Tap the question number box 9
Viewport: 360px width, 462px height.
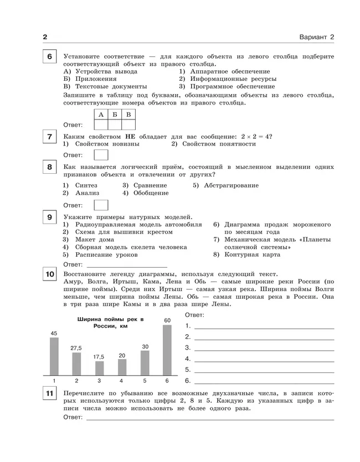pyautogui.click(x=50, y=217)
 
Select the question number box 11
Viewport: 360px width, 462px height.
pyautogui.click(x=50, y=393)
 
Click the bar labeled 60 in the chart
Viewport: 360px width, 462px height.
pyautogui.click(x=167, y=350)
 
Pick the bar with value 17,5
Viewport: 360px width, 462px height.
pyautogui.click(x=99, y=368)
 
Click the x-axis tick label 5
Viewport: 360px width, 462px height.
pyautogui.click(x=145, y=381)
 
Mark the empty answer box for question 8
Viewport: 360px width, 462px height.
pyautogui.click(x=101, y=205)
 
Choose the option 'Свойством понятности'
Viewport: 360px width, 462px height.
pyautogui.click(x=213, y=144)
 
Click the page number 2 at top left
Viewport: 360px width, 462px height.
pyautogui.click(x=45, y=37)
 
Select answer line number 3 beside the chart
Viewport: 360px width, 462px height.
pyautogui.click(x=263, y=349)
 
